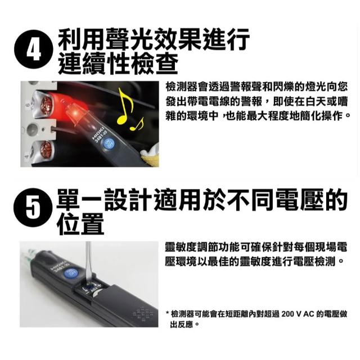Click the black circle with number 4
tap(34, 49)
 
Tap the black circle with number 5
tap(33, 208)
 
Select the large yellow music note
tap(125, 105)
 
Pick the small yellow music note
tap(137, 124)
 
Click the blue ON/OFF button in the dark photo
tap(108, 144)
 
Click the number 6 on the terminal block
tap(28, 105)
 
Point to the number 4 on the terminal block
tap(26, 156)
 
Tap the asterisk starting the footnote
tap(168, 313)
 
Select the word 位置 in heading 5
tap(80, 224)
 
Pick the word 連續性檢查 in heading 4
tap(118, 63)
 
